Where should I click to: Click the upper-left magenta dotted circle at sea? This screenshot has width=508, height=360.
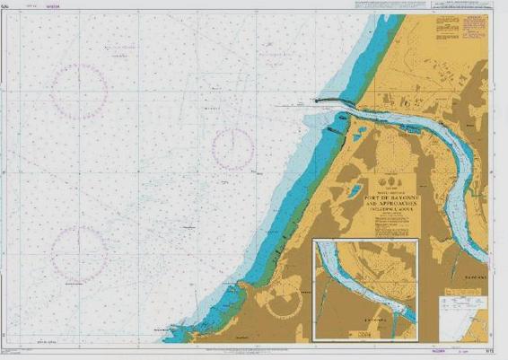coord(79,91)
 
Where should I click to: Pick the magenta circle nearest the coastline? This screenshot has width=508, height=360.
coord(234,149)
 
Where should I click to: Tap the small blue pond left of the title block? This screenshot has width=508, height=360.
coord(357,135)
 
